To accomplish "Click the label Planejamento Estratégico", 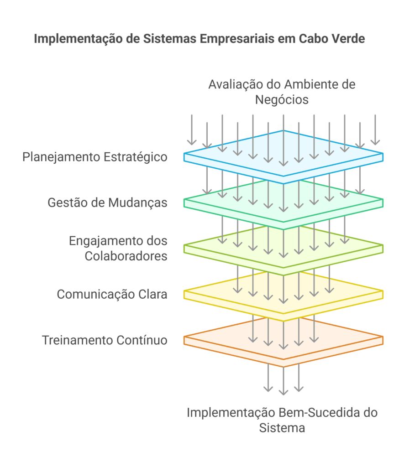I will [95, 157].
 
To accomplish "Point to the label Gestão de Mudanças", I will [107, 202].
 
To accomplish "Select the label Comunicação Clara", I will [112, 294].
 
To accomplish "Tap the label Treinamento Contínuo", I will [105, 340].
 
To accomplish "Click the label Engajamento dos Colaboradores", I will [118, 248].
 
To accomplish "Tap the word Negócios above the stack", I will [282, 99].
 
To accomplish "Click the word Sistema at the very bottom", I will [282, 428].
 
